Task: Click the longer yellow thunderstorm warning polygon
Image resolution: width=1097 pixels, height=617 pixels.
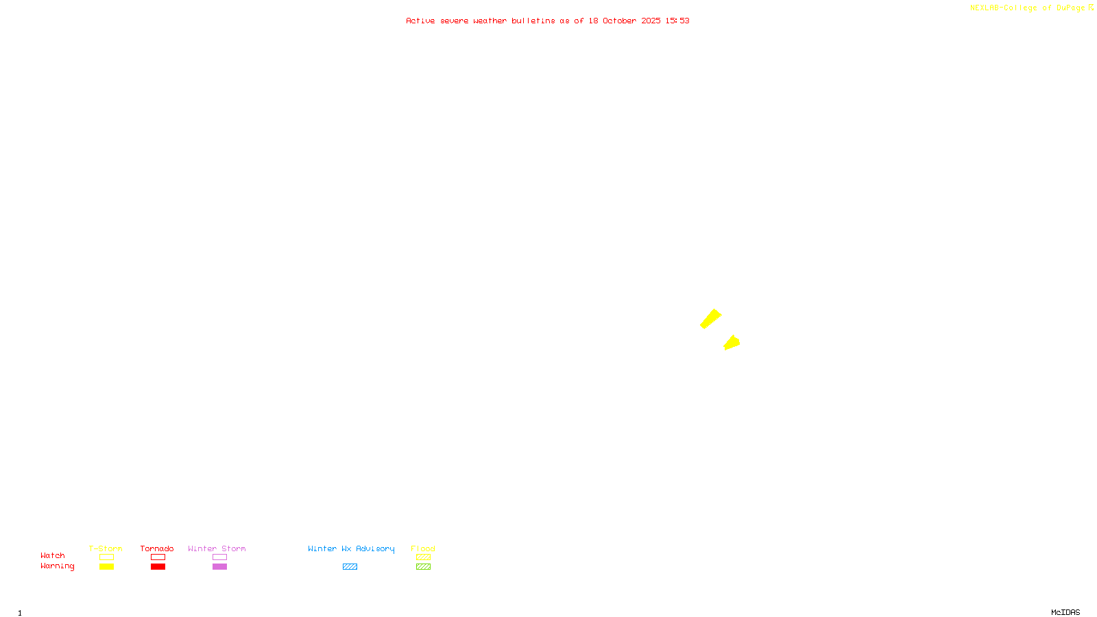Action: coord(711,319)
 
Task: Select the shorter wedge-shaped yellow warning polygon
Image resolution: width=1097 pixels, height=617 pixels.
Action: coord(732,343)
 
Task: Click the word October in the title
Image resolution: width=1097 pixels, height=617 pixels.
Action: coord(619,21)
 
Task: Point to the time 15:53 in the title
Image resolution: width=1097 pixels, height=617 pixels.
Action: coord(677,21)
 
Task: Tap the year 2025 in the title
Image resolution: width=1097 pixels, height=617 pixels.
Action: coord(651,21)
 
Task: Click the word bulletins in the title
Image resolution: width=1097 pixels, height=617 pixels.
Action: coord(533,21)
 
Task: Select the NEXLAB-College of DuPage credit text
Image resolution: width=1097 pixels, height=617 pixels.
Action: coord(1027,8)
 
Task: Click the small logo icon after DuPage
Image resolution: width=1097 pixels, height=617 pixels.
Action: coord(1091,8)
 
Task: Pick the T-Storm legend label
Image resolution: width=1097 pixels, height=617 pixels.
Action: coord(106,548)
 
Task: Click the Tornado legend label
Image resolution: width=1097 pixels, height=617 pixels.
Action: coord(157,548)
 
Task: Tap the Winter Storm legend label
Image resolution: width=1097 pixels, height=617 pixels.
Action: coord(217,548)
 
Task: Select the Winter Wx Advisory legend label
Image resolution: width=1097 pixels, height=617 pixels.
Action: coord(351,548)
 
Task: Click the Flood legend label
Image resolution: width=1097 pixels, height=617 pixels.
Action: coord(423,548)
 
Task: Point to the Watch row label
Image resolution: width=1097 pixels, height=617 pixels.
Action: coord(53,555)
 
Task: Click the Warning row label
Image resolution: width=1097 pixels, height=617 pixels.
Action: coord(57,566)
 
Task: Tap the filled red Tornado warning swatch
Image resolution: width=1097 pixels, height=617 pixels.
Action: coord(158,567)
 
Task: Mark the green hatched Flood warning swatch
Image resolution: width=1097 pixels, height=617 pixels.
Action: coord(424,567)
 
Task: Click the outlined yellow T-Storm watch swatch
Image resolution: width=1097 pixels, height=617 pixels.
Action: coord(106,557)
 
